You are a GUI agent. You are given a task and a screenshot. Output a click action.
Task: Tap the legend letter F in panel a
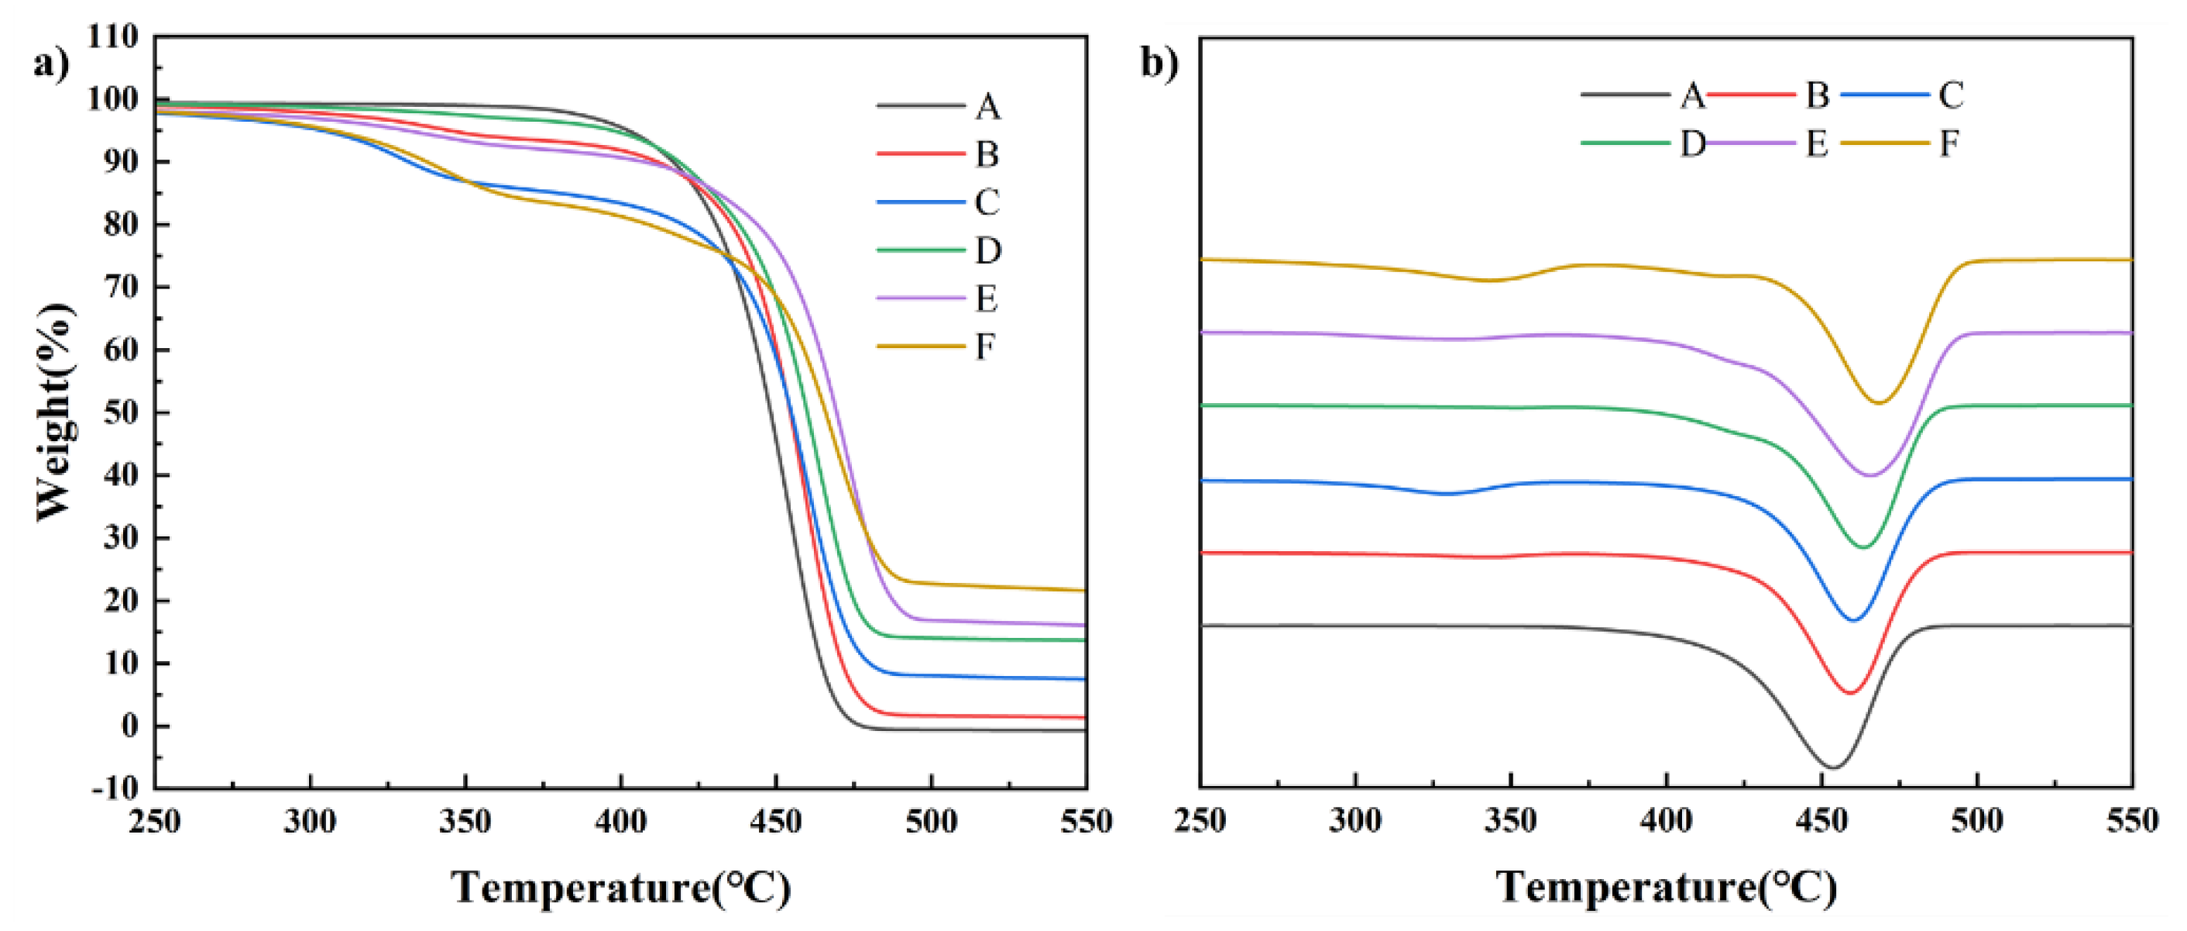coord(985,347)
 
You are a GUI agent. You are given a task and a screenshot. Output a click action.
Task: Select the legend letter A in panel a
coord(987,108)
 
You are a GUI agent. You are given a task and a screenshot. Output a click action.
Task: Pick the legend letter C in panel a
coord(987,203)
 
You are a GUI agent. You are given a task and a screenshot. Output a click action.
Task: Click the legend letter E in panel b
coord(1816,143)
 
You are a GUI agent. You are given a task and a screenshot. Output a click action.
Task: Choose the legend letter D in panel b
coord(1693,143)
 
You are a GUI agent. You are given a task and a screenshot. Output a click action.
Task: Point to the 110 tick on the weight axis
coord(112,36)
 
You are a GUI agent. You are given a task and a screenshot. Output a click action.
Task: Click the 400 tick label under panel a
coord(620,822)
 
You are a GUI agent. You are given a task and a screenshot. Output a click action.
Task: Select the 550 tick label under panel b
coord(2131,822)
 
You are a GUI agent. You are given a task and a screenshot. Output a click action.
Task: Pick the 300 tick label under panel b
coord(1355,822)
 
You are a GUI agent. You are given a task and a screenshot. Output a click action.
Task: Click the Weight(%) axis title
coord(55,412)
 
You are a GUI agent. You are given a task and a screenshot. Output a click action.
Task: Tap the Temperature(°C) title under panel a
coord(620,888)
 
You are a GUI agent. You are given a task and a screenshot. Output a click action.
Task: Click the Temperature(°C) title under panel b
coord(1666,888)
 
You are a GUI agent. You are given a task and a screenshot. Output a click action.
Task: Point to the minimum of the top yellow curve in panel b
coord(1878,402)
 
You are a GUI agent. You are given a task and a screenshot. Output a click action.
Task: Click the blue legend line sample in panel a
coord(920,203)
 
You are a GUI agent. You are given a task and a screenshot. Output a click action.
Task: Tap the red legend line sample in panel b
coord(1749,95)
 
